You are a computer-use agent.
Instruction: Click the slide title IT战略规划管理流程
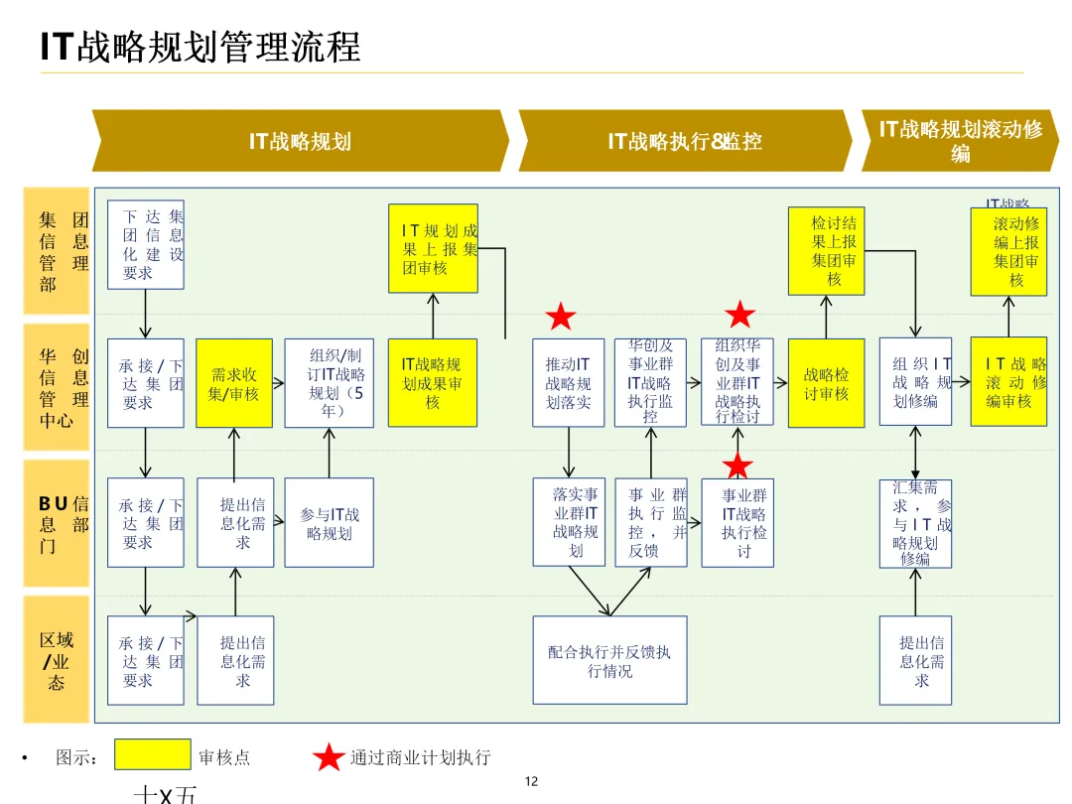pos(201,47)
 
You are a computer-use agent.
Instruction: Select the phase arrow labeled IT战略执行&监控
pos(685,141)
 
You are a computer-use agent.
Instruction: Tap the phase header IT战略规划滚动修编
pos(960,141)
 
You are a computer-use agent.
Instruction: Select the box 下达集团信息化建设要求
pos(146,245)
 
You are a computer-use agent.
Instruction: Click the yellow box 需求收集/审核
pos(234,383)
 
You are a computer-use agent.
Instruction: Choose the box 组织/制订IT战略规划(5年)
pos(330,383)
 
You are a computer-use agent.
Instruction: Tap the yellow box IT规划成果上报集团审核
pos(433,248)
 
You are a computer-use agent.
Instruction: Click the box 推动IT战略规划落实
pos(568,383)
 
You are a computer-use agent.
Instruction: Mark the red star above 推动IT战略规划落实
pos(561,318)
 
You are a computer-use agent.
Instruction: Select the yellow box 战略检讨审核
pos(827,383)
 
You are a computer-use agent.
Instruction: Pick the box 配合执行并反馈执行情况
pos(609,660)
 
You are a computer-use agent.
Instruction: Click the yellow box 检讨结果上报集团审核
pos(827,251)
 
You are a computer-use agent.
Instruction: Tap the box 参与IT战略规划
pos(330,523)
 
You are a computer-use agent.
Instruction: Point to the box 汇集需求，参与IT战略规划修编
pos(915,523)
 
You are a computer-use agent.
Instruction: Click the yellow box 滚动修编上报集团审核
pos(1008,251)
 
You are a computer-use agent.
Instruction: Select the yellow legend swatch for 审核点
pos(152,755)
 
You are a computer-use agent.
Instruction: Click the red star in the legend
pos(329,757)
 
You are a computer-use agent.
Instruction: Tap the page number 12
pos(531,781)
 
